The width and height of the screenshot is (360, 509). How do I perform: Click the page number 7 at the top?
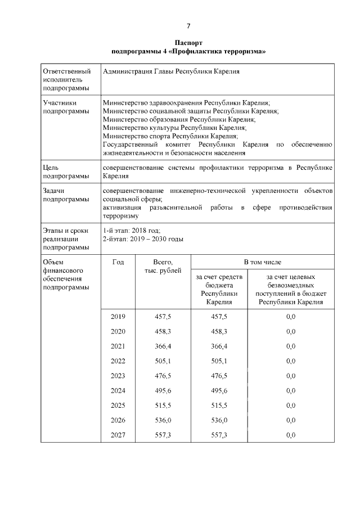click(188, 26)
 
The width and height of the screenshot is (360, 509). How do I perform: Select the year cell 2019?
click(118, 317)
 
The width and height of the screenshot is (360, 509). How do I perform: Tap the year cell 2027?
click(118, 435)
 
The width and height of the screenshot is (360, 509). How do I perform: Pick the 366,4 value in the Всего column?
click(163, 346)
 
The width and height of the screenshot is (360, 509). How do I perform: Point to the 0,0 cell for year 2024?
click(290, 391)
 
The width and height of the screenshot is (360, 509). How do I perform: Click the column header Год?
click(118, 263)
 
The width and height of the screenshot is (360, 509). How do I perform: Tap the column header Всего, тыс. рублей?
click(163, 267)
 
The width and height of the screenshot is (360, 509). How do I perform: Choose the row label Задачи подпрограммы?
click(66, 195)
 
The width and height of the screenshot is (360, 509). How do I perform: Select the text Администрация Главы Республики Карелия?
click(172, 72)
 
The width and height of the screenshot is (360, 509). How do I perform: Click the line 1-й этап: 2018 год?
click(132, 230)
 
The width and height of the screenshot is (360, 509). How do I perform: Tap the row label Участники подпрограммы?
click(66, 107)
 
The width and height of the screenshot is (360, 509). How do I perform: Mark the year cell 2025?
click(118, 406)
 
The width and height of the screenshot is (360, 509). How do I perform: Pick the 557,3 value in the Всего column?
click(163, 435)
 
